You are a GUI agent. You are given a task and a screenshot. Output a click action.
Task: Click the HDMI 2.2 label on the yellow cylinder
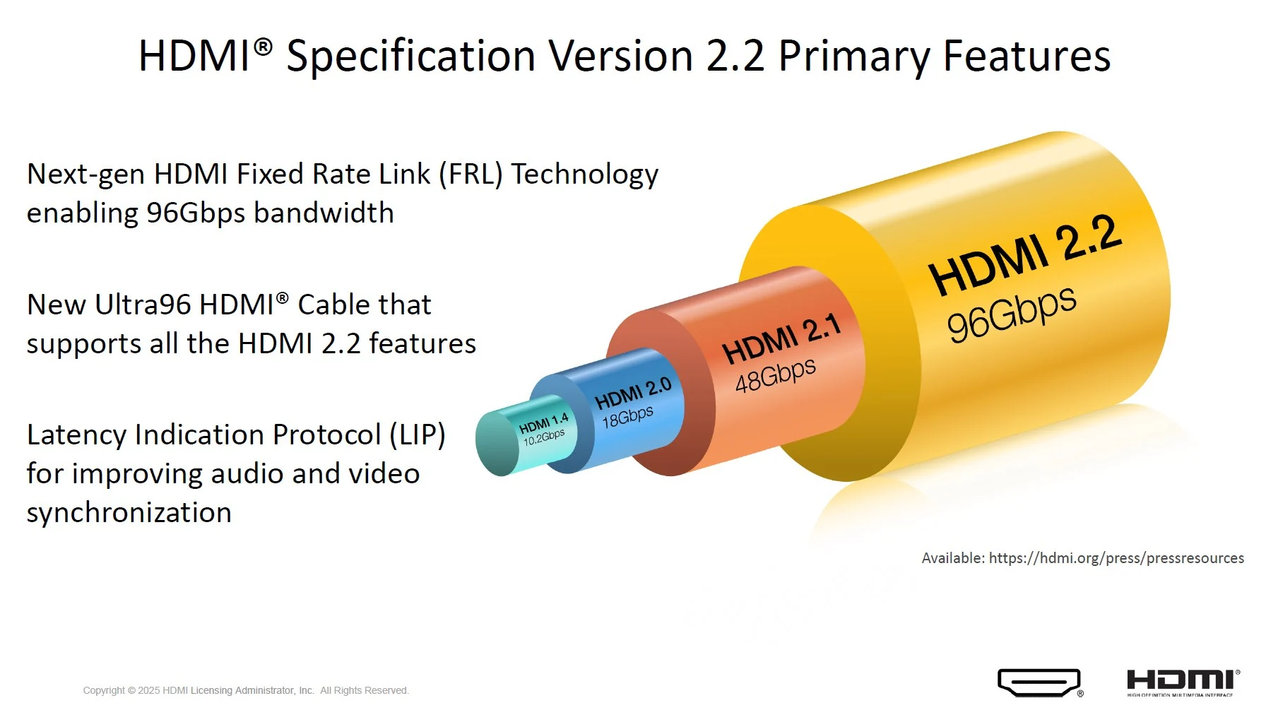pyautogui.click(x=1025, y=255)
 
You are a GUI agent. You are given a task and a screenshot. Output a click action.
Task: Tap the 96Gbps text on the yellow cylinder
pyautogui.click(x=1012, y=314)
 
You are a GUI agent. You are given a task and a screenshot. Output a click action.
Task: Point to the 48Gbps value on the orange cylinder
pyautogui.click(x=776, y=375)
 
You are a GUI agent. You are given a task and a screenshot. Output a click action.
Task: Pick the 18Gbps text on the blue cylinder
pyautogui.click(x=627, y=416)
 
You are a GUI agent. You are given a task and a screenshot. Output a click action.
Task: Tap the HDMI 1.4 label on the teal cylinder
pyautogui.click(x=543, y=424)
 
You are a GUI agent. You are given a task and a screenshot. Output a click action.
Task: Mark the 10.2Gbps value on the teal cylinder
pyautogui.click(x=544, y=437)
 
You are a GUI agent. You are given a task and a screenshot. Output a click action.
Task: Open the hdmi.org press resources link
pyautogui.click(x=1116, y=558)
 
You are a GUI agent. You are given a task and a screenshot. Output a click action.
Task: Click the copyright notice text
pyautogui.click(x=246, y=690)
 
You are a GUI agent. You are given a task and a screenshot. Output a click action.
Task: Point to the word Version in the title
pyautogui.click(x=621, y=56)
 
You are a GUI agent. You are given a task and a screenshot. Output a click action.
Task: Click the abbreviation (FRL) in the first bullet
pyautogui.click(x=471, y=174)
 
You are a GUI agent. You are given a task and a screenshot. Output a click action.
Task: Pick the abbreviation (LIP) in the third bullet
pyautogui.click(x=418, y=435)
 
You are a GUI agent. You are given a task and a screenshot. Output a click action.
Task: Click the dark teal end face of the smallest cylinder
pyautogui.click(x=497, y=444)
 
